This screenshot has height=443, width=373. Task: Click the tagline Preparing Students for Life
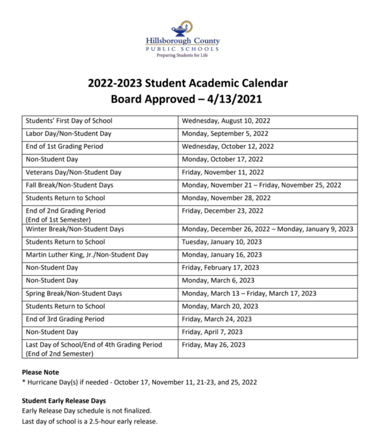pos(182,55)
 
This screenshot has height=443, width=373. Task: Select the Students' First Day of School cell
pos(69,121)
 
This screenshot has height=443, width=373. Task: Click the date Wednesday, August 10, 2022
pos(227,121)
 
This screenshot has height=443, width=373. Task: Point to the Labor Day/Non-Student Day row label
pos(68,133)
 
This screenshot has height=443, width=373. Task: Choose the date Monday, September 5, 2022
pos(225,133)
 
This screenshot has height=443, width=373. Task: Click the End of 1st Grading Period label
pos(65,146)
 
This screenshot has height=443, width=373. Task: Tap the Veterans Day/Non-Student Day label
pos(73,172)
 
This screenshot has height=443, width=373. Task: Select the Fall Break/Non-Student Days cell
pos(69,185)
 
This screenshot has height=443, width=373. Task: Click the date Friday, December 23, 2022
pos(223,211)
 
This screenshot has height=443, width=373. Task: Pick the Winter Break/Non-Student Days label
pos(75,229)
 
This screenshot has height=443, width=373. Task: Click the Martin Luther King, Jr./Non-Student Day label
pos(87,255)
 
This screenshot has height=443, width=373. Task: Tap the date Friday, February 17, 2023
pos(220,268)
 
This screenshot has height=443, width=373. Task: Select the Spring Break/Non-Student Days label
pos(73,294)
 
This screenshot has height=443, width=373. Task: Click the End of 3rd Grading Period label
pos(65,319)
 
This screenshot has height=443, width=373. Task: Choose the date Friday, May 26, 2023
pos(213,345)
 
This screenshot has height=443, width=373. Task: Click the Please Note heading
pos(40,372)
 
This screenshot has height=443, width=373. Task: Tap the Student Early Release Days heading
pos(64,400)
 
